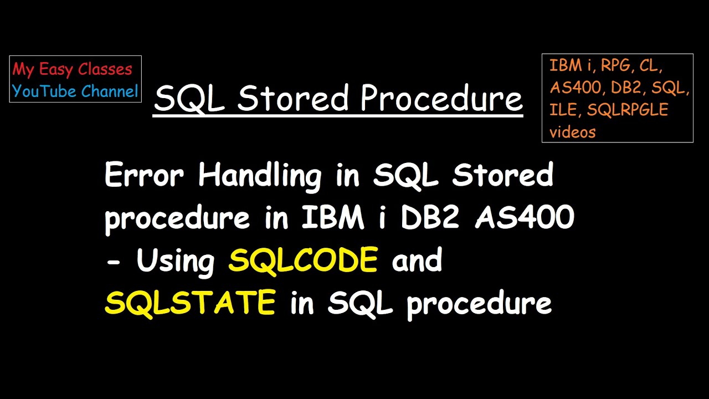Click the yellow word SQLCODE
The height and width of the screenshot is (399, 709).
(303, 260)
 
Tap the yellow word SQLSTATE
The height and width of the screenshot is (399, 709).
(190, 303)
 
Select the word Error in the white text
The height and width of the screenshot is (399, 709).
(144, 176)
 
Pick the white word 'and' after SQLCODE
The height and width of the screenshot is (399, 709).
(417, 260)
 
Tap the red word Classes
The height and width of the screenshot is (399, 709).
(105, 69)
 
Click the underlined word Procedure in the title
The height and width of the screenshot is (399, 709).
(441, 99)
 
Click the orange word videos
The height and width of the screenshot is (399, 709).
(572, 132)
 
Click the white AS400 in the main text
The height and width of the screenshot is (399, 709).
(525, 218)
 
